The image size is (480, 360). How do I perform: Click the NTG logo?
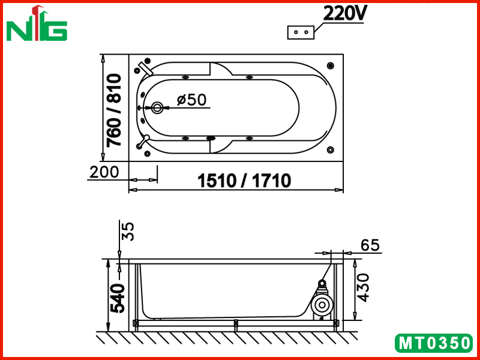point(37,24)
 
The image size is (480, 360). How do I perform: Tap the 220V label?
point(343,13)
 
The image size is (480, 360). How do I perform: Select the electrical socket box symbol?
point(301,32)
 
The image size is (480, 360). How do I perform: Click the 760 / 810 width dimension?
point(114,110)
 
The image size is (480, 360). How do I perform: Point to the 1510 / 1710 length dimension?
point(244,181)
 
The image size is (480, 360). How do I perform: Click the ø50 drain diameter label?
point(192,100)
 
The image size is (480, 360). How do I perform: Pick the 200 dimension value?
point(104,172)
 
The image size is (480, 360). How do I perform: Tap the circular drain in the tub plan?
point(157,108)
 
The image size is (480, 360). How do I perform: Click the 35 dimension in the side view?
point(128,232)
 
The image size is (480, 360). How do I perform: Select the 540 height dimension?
point(118,298)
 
